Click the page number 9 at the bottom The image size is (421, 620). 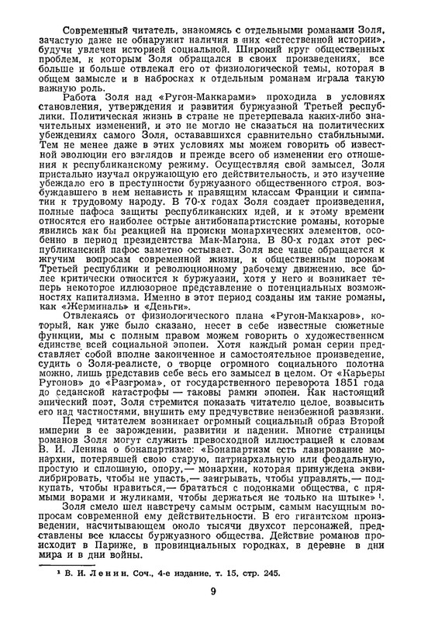click(212, 592)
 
